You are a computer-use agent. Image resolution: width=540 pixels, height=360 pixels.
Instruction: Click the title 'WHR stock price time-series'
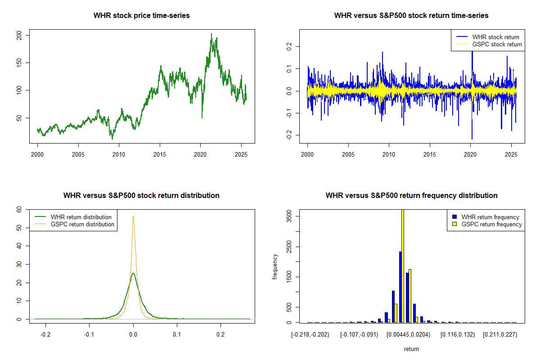click(142, 16)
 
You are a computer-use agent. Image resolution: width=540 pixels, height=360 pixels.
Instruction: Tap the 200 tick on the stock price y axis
click(26, 35)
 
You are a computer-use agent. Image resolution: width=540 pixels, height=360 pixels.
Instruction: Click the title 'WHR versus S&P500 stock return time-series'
click(411, 16)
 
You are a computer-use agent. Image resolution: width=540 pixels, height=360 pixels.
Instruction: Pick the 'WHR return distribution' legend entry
click(81, 217)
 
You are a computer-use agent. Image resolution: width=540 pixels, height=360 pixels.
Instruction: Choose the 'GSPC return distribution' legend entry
click(82, 224)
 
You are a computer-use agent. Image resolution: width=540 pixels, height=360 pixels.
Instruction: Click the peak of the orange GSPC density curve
click(133, 216)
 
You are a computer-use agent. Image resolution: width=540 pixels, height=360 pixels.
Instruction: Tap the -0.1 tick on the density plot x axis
click(89, 335)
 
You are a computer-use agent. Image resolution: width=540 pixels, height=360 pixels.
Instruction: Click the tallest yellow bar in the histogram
click(403, 265)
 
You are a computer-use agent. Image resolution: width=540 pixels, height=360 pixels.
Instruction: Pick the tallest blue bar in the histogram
click(400, 287)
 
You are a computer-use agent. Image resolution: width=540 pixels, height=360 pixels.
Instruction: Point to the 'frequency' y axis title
click(275, 267)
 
